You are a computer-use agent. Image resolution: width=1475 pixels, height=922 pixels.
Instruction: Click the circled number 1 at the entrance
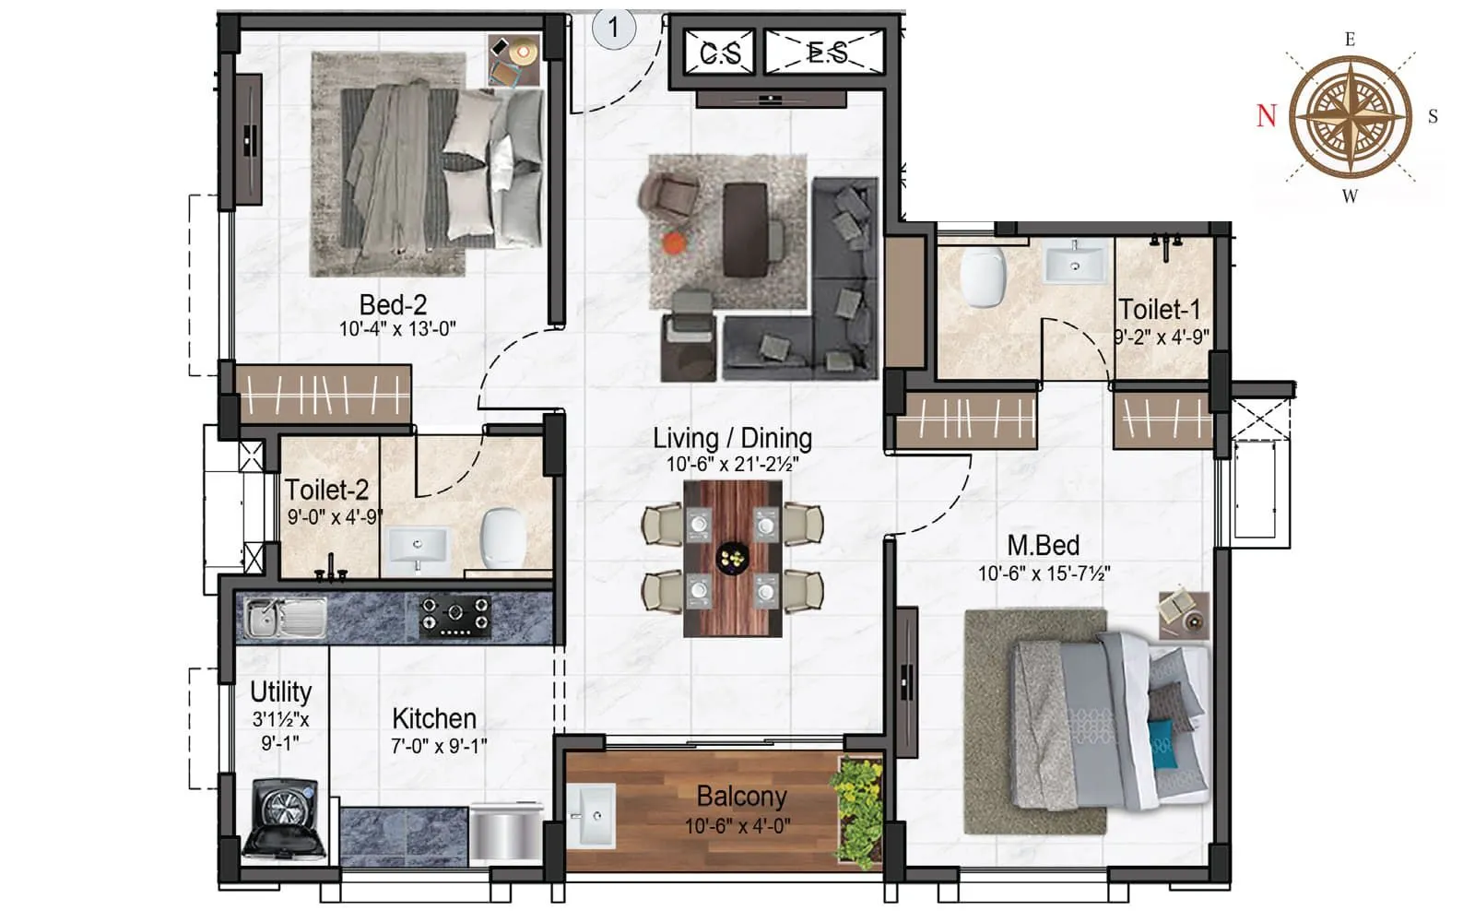(613, 28)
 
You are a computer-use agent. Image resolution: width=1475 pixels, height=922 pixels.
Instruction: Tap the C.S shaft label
(719, 53)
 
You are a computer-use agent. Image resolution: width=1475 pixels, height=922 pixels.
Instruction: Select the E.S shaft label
(827, 53)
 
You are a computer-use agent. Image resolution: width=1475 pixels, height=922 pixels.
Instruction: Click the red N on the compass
(1267, 116)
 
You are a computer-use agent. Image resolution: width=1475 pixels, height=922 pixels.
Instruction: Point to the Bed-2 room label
(394, 304)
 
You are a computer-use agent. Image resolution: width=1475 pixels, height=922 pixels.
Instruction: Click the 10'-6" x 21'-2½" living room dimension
(732, 465)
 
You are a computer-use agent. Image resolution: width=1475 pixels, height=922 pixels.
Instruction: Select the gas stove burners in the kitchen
(454, 616)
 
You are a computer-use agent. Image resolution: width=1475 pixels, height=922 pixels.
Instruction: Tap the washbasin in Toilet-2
(417, 547)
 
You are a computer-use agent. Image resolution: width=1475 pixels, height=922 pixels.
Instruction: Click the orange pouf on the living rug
(675, 242)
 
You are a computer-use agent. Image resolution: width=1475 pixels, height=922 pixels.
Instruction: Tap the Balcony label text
(741, 796)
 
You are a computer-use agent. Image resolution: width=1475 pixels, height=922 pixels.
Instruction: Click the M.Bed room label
(1043, 545)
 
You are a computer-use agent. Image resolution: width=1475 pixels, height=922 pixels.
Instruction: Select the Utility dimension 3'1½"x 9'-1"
(280, 730)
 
